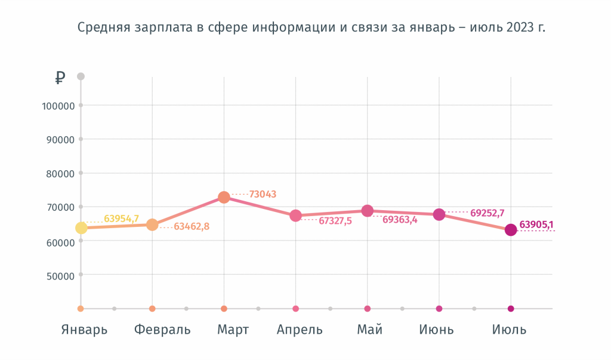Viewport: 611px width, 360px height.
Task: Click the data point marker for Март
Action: click(x=224, y=197)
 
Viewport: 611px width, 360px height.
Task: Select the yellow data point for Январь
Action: click(x=81, y=227)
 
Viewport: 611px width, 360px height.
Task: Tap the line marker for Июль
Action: click(x=511, y=230)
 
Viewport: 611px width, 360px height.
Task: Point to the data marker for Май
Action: click(x=367, y=211)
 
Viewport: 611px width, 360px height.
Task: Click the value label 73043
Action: click(x=263, y=194)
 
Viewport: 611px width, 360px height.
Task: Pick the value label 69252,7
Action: click(x=487, y=213)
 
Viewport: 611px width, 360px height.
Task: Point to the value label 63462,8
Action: click(x=192, y=227)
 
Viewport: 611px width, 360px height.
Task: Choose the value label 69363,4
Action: click(x=400, y=220)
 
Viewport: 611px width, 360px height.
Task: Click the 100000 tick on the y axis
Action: click(x=58, y=106)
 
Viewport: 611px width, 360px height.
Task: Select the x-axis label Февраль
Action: click(x=162, y=330)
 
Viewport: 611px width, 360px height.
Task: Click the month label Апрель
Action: click(x=300, y=330)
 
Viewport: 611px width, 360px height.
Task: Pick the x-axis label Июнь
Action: click(x=436, y=330)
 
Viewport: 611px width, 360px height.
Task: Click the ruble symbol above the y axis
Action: click(x=60, y=77)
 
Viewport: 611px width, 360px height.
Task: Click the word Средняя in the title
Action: click(x=98, y=27)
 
